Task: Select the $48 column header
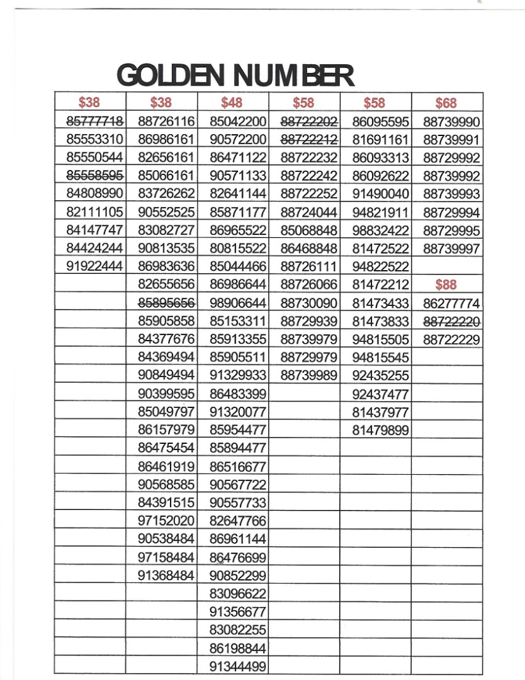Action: (232, 103)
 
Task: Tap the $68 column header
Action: (446, 103)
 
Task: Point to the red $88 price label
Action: (446, 285)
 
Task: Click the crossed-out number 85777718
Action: (94, 121)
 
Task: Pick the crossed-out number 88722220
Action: (451, 322)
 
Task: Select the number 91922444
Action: (94, 266)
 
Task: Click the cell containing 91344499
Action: (238, 666)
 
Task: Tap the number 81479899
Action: (380, 431)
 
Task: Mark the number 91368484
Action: (166, 575)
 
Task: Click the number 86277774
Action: (451, 303)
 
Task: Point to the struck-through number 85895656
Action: (166, 302)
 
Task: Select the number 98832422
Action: (380, 230)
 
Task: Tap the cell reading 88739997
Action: (451, 248)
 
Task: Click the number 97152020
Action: (166, 521)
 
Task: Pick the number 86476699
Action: (238, 558)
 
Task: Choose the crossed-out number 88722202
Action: (309, 121)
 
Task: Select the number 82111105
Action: (94, 212)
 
